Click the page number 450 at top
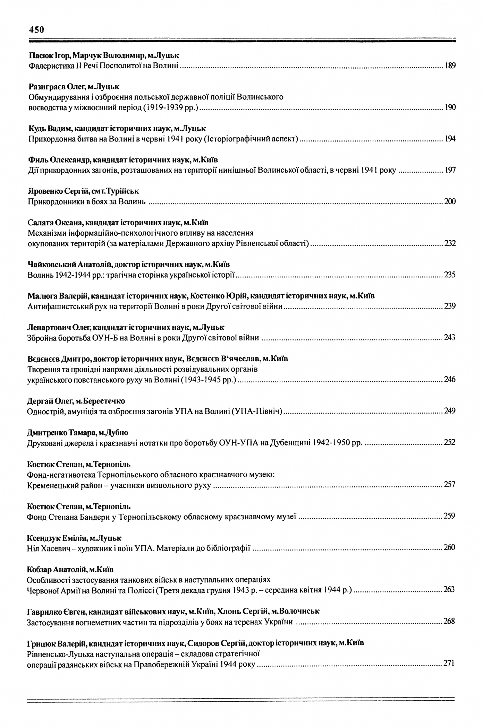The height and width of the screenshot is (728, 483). click(36, 30)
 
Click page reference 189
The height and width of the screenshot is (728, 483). click(450, 66)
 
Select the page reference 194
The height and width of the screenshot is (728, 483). click(450, 139)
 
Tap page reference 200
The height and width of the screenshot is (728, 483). click(450, 202)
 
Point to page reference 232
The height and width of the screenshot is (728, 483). click(450, 243)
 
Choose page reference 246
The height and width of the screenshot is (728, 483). click(450, 380)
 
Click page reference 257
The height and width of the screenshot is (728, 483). click(450, 485)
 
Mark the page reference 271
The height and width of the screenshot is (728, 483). click(449, 664)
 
